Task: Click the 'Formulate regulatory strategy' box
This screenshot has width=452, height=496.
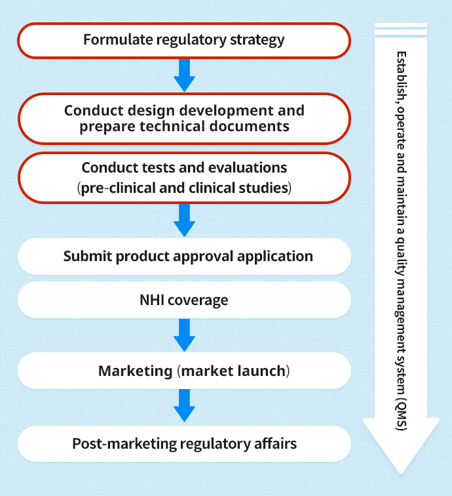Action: [x=184, y=41]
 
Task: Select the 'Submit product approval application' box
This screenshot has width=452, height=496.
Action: [x=184, y=257]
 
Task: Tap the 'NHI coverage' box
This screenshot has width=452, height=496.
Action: [x=184, y=300]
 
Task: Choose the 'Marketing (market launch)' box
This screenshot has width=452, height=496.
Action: [x=184, y=371]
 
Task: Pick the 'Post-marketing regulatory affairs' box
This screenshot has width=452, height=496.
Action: [x=184, y=444]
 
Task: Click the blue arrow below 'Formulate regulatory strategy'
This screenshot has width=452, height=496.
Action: [x=185, y=75]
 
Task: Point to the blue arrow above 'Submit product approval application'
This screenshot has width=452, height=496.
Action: [x=185, y=220]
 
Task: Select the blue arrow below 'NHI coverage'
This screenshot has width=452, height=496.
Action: [x=185, y=335]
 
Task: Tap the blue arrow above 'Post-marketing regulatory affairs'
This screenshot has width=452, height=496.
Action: [x=185, y=405]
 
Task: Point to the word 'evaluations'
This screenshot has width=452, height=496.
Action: [x=248, y=168]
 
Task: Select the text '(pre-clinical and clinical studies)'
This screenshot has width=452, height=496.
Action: [x=184, y=188]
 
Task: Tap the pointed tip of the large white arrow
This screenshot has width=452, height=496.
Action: [x=401, y=474]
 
